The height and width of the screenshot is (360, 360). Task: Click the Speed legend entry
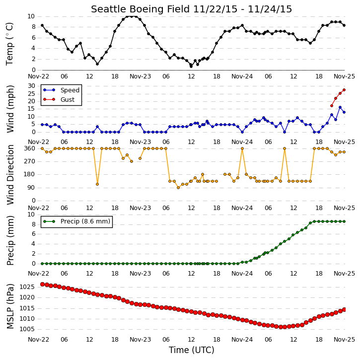[61, 90]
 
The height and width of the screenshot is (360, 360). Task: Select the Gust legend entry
[59, 99]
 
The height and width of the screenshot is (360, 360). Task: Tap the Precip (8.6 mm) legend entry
[76, 221]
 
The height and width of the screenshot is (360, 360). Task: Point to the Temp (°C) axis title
[9, 44]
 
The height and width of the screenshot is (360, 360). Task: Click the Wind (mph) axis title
[10, 109]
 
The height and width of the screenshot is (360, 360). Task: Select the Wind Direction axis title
[10, 175]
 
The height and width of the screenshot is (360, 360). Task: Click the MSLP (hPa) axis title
[10, 306]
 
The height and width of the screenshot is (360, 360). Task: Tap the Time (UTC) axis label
[192, 350]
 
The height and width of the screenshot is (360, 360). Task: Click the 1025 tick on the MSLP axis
[27, 287]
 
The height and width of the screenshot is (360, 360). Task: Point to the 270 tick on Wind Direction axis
[30, 161]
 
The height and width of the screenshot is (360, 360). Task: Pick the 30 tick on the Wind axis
[31, 86]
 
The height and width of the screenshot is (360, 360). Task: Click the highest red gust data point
[344, 90]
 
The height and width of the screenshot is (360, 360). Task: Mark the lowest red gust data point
[332, 106]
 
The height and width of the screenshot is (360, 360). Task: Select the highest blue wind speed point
[340, 107]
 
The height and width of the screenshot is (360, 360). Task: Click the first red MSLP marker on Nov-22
[42, 284]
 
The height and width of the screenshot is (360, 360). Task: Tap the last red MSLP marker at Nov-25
[344, 310]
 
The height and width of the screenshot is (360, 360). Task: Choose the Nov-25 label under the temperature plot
[344, 76]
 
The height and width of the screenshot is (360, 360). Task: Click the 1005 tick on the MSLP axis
[27, 329]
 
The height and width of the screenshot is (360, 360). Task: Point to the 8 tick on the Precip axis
[34, 224]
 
